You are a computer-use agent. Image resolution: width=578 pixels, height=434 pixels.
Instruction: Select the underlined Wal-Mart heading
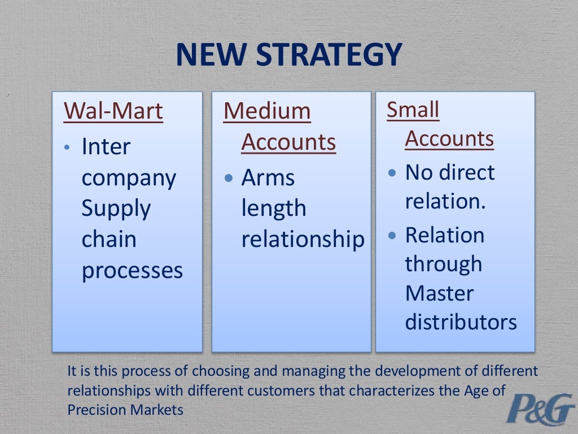[x=113, y=111]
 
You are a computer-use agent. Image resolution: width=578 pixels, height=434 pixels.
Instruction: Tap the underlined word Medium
[x=267, y=111]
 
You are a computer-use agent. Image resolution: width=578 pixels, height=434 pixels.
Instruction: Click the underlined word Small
[x=413, y=110]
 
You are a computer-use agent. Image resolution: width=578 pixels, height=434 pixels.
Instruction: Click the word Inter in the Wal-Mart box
[x=106, y=147]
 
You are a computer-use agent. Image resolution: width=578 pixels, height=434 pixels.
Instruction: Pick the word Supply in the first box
[x=116, y=209]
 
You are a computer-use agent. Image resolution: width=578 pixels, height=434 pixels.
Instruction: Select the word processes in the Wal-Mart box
[x=132, y=271]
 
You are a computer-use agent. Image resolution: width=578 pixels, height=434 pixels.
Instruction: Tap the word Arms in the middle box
[x=268, y=178]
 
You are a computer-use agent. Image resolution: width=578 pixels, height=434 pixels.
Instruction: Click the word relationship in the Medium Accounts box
[x=303, y=240]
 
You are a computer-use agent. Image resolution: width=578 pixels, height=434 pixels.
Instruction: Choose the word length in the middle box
[x=274, y=209]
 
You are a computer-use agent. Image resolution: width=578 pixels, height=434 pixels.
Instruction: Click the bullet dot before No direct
[x=393, y=173]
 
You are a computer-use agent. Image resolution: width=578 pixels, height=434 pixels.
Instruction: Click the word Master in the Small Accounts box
[x=439, y=293]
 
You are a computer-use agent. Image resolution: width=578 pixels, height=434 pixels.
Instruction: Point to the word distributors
[x=461, y=322]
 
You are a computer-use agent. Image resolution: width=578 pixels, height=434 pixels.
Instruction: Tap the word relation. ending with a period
[x=445, y=202]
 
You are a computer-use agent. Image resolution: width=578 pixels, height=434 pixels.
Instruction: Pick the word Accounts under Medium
[x=288, y=142]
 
